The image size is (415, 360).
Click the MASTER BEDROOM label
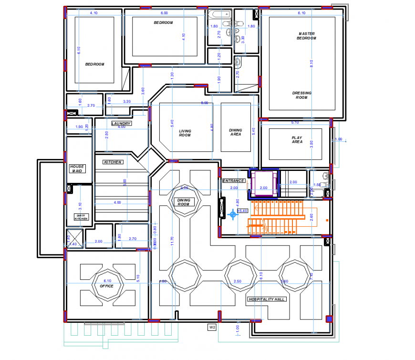coord(307,36)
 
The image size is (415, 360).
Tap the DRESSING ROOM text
coord(301,95)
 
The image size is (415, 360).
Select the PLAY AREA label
coord(297,140)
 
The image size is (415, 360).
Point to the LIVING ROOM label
coord(185,133)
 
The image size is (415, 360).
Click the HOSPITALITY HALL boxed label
coord(266,299)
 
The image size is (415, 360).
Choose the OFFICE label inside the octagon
coord(106,286)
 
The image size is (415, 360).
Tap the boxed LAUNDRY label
coord(121,124)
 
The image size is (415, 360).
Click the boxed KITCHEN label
coord(113,162)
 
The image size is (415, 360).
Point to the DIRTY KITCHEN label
coord(81,217)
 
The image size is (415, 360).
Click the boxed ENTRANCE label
coord(234,181)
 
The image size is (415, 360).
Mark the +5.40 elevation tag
coord(242,211)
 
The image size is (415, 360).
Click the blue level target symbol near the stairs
coord(233,214)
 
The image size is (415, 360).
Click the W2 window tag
coord(212,327)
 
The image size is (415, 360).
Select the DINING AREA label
coord(235,132)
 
